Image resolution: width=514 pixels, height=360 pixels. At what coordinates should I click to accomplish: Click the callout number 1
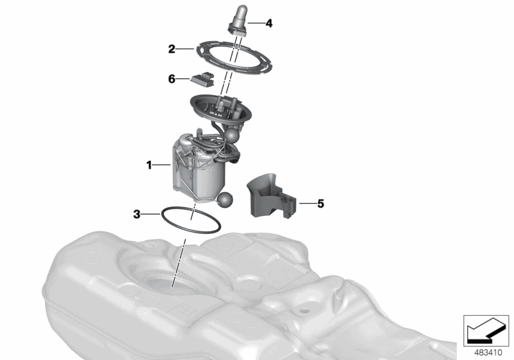(x=148, y=165)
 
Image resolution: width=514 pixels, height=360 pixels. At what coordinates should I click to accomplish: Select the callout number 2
(x=172, y=48)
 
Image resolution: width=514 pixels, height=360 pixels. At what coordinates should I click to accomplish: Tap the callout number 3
(x=137, y=213)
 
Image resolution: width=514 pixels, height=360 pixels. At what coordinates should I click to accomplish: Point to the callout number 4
(x=269, y=23)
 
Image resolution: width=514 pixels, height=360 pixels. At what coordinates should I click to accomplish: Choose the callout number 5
(x=320, y=204)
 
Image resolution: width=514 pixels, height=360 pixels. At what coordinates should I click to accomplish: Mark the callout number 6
(x=172, y=78)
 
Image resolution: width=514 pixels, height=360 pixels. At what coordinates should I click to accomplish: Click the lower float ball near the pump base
(x=227, y=199)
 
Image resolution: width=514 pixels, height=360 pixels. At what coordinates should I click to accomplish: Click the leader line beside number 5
(x=306, y=204)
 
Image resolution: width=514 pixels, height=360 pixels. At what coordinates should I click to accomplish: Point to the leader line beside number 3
(x=152, y=213)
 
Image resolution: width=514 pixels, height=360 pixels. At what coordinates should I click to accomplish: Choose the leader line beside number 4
(x=255, y=23)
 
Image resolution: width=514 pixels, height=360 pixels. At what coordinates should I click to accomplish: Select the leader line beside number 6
(x=184, y=78)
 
